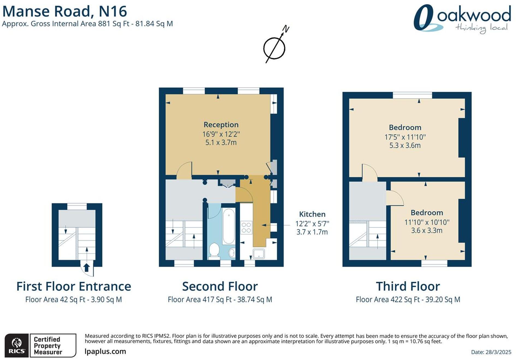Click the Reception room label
coord(221,125)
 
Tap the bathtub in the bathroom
coord(228,226)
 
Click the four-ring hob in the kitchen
coord(246,227)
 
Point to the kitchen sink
coord(258,254)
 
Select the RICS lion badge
coord(17,345)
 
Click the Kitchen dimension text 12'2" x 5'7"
coord(312,224)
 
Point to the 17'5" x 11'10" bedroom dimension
coord(405,137)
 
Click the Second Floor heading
coord(220,287)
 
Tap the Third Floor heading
coord(408,287)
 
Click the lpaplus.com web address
coord(105,351)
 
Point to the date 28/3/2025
coord(491,352)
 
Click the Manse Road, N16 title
coord(65,11)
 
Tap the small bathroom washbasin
coord(232,253)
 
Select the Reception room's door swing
coord(184,171)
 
